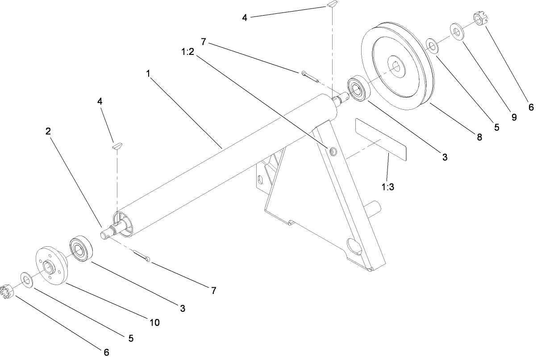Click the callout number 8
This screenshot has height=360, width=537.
point(479,137)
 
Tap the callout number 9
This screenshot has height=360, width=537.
point(514,117)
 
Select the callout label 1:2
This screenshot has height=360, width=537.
point(188,51)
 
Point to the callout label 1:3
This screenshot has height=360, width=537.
point(388,187)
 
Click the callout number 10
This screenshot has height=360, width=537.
point(154,323)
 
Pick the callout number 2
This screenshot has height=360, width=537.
point(48,131)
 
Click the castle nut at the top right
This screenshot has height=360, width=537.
point(480,20)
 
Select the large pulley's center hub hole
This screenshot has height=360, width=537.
point(396,67)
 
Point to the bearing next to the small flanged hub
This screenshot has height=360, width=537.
point(81,248)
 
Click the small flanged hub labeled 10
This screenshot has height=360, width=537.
point(51,265)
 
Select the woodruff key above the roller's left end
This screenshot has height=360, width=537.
point(117,145)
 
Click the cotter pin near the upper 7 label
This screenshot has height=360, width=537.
point(309,76)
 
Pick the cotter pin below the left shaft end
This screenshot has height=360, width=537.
point(142,256)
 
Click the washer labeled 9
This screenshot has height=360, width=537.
point(458,32)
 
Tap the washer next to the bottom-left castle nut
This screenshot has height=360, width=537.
point(27,280)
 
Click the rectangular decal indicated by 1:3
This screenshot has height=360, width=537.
point(381,139)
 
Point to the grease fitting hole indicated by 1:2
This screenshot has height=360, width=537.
point(333,151)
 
